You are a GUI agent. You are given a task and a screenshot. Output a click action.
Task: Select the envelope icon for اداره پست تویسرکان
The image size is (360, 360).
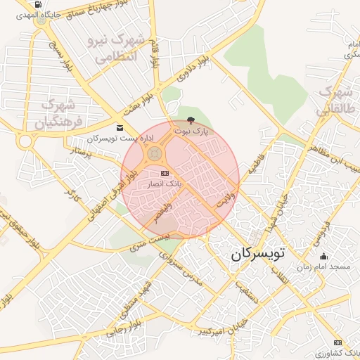tap(119, 127)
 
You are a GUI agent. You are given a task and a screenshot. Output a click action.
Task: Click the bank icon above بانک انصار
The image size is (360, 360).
tap(165, 172)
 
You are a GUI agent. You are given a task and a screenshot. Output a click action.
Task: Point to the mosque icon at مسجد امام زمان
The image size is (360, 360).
tap(323, 257)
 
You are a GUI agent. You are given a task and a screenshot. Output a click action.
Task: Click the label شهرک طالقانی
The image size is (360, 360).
tap(333, 102)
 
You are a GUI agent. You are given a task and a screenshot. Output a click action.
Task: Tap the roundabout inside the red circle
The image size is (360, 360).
tap(155, 153)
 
